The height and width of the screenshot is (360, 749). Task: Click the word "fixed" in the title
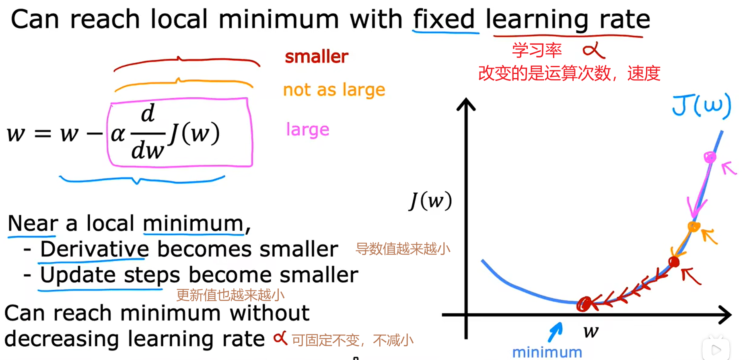point(444,19)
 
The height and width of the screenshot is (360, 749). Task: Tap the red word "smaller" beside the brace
point(317,56)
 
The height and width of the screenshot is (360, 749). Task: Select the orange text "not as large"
point(334,90)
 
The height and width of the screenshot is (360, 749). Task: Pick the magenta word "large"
point(308,130)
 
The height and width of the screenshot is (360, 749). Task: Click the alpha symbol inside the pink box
point(118,134)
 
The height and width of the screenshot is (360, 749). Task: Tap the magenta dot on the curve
point(710,157)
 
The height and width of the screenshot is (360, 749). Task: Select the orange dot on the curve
point(694,226)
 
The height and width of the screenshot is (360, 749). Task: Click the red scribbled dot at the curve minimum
point(584,304)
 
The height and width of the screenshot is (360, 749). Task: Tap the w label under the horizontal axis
point(591,331)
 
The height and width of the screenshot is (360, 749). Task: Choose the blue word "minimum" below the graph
point(547,352)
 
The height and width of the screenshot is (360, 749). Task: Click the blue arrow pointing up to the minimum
point(555,332)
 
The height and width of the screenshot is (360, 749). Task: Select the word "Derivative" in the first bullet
point(95,249)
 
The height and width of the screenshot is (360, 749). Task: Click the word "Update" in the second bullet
point(78,275)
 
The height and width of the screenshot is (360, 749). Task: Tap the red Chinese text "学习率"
point(537,50)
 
